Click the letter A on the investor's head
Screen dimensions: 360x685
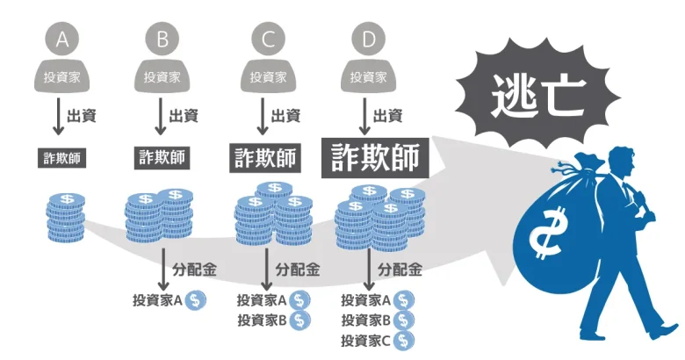[61, 39]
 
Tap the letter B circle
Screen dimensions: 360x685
[163, 39]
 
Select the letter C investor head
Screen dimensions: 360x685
[267, 39]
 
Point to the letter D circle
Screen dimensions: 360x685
[369, 39]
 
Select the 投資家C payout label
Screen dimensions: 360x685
[365, 340]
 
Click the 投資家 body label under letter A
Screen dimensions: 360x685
[61, 76]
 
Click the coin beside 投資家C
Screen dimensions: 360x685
[403, 340]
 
